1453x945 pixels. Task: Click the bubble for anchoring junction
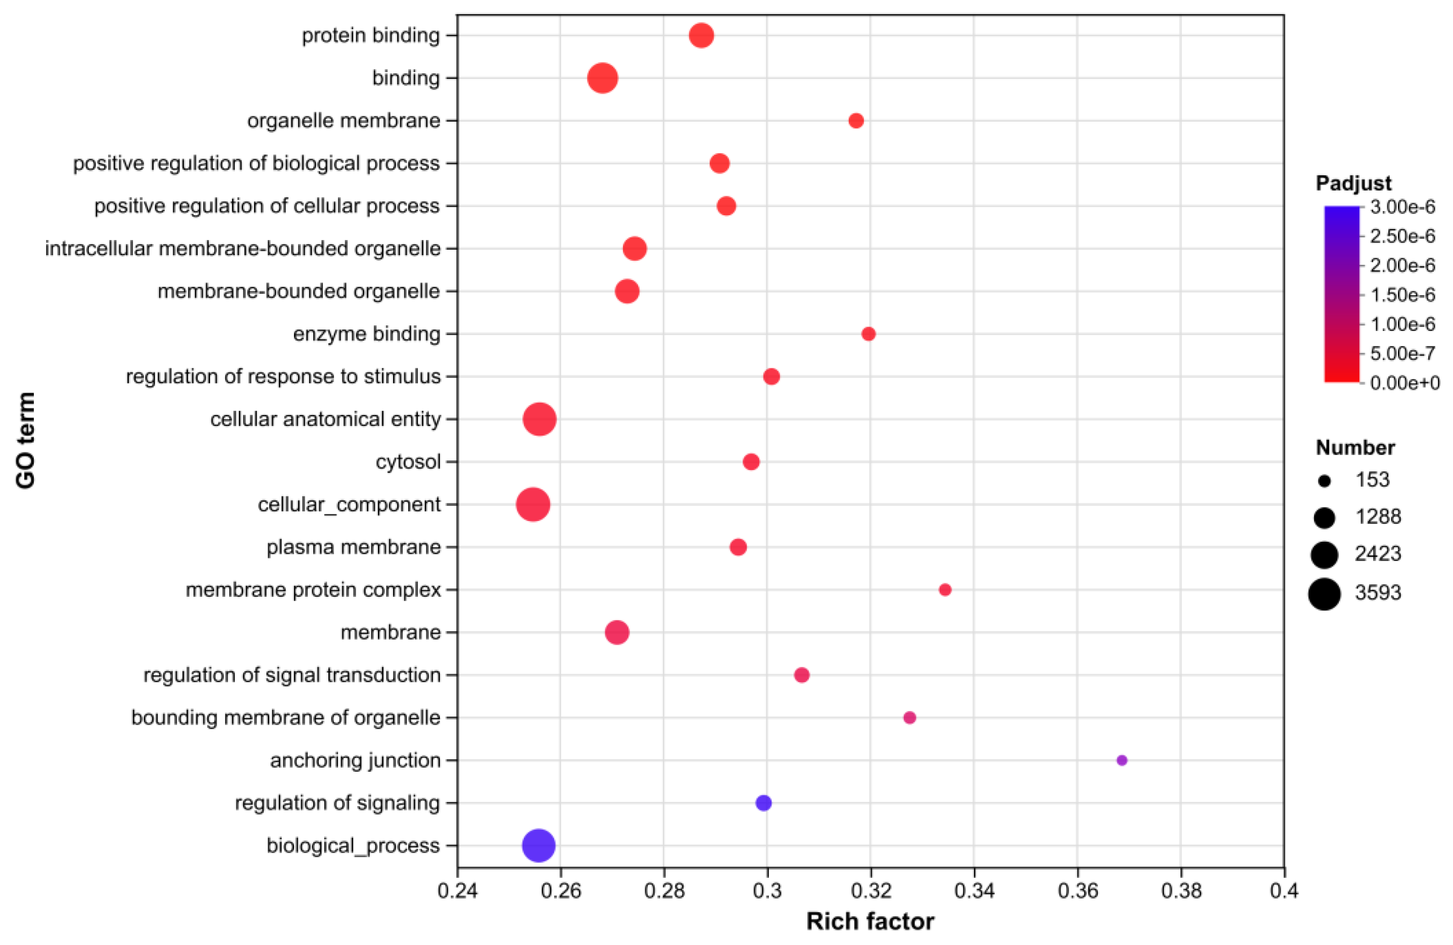point(1122,761)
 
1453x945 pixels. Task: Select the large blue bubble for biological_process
point(539,845)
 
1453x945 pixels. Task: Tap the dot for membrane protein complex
point(945,589)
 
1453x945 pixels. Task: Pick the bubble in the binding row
point(603,78)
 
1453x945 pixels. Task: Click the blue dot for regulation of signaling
point(763,802)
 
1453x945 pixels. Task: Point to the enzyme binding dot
point(868,334)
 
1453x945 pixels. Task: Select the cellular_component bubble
point(533,504)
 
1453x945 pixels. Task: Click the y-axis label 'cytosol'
point(408,462)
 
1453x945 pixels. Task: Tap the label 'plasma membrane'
point(354,547)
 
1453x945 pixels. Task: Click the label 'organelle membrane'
point(343,121)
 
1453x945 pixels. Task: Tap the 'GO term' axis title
point(26,441)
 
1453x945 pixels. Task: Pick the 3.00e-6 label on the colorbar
point(1402,207)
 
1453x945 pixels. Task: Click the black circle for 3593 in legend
point(1324,593)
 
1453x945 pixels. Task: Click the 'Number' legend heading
point(1354,448)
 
